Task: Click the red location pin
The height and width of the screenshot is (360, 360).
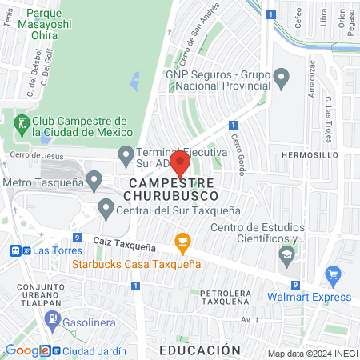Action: tap(179, 164)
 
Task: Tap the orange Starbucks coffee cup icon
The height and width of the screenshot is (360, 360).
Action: tap(182, 242)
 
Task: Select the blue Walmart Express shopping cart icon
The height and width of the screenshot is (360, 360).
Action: tap(333, 278)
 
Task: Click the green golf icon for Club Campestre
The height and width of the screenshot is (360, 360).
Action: tap(20, 123)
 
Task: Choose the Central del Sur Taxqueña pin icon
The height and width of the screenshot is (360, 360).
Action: tap(106, 210)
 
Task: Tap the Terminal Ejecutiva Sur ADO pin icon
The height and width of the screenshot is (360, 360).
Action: tap(126, 152)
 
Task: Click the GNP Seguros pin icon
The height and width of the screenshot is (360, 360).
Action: tap(281, 78)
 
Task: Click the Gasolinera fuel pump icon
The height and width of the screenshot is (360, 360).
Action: tap(53, 319)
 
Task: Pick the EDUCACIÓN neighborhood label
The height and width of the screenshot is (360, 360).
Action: tap(199, 350)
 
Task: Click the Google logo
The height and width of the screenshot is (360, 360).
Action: tap(27, 350)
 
